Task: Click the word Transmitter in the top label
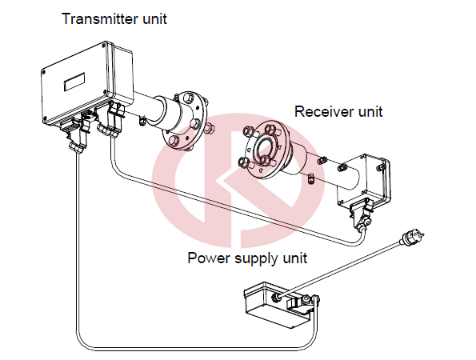tap(100, 19)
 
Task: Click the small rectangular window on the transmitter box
tap(74, 82)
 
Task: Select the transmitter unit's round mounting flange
tap(185, 121)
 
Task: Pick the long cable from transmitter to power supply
tap(194, 350)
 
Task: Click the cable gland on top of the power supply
tap(276, 297)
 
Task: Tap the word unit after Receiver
tap(370, 111)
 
